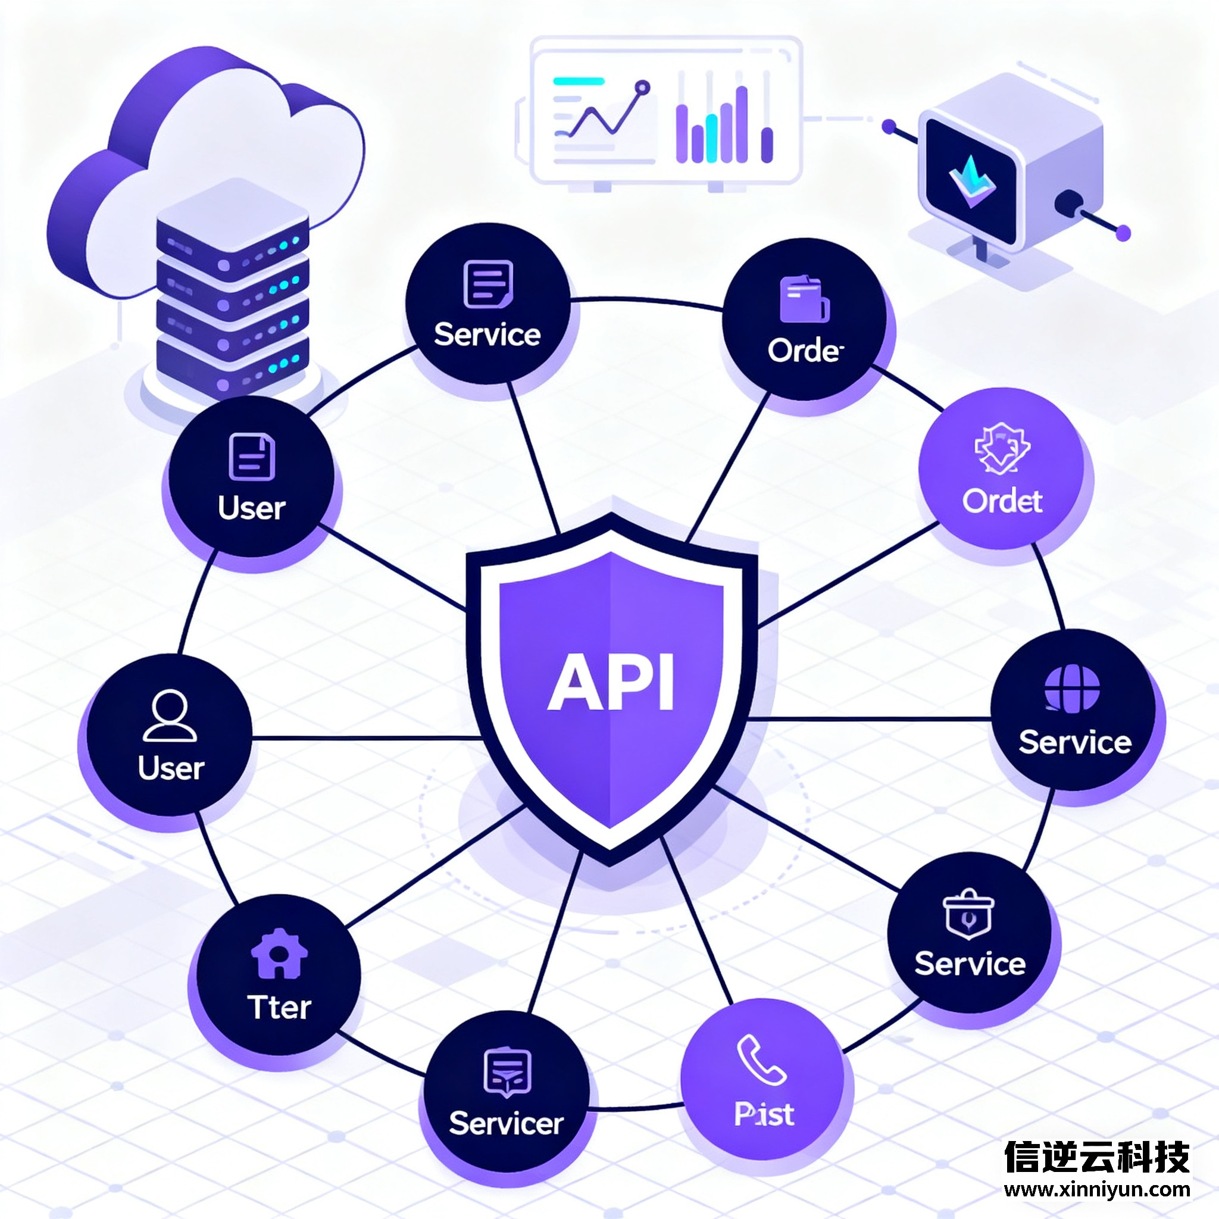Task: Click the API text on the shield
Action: click(610, 682)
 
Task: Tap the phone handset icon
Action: click(761, 1059)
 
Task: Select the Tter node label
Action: click(279, 1007)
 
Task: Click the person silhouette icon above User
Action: click(170, 715)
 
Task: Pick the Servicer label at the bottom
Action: click(506, 1123)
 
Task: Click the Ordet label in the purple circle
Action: click(1002, 501)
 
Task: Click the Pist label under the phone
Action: click(764, 1114)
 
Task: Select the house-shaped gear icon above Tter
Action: click(279, 954)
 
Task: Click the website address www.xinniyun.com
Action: click(1097, 1189)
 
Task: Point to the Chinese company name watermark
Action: click(1097, 1156)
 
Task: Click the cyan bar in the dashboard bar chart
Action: click(712, 138)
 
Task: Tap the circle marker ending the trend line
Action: click(642, 87)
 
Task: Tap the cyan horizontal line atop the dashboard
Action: click(578, 81)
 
